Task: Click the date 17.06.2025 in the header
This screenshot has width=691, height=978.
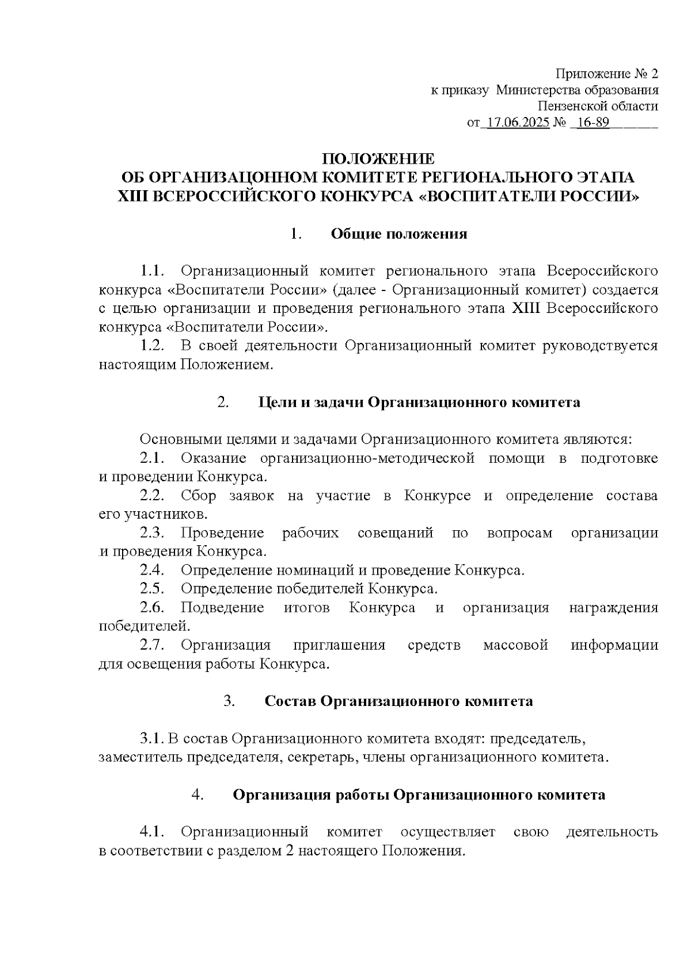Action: [x=518, y=123]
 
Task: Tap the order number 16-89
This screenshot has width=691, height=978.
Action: [x=593, y=123]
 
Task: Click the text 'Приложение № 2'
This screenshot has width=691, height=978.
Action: [x=606, y=74]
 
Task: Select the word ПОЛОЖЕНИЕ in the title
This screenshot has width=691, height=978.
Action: [x=378, y=158]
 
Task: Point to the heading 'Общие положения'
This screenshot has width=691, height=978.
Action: [x=398, y=234]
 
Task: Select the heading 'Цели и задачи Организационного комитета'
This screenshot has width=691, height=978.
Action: [x=419, y=402]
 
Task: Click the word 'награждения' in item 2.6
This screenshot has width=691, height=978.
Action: [x=613, y=608]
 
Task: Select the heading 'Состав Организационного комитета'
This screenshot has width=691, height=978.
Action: [x=398, y=701]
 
